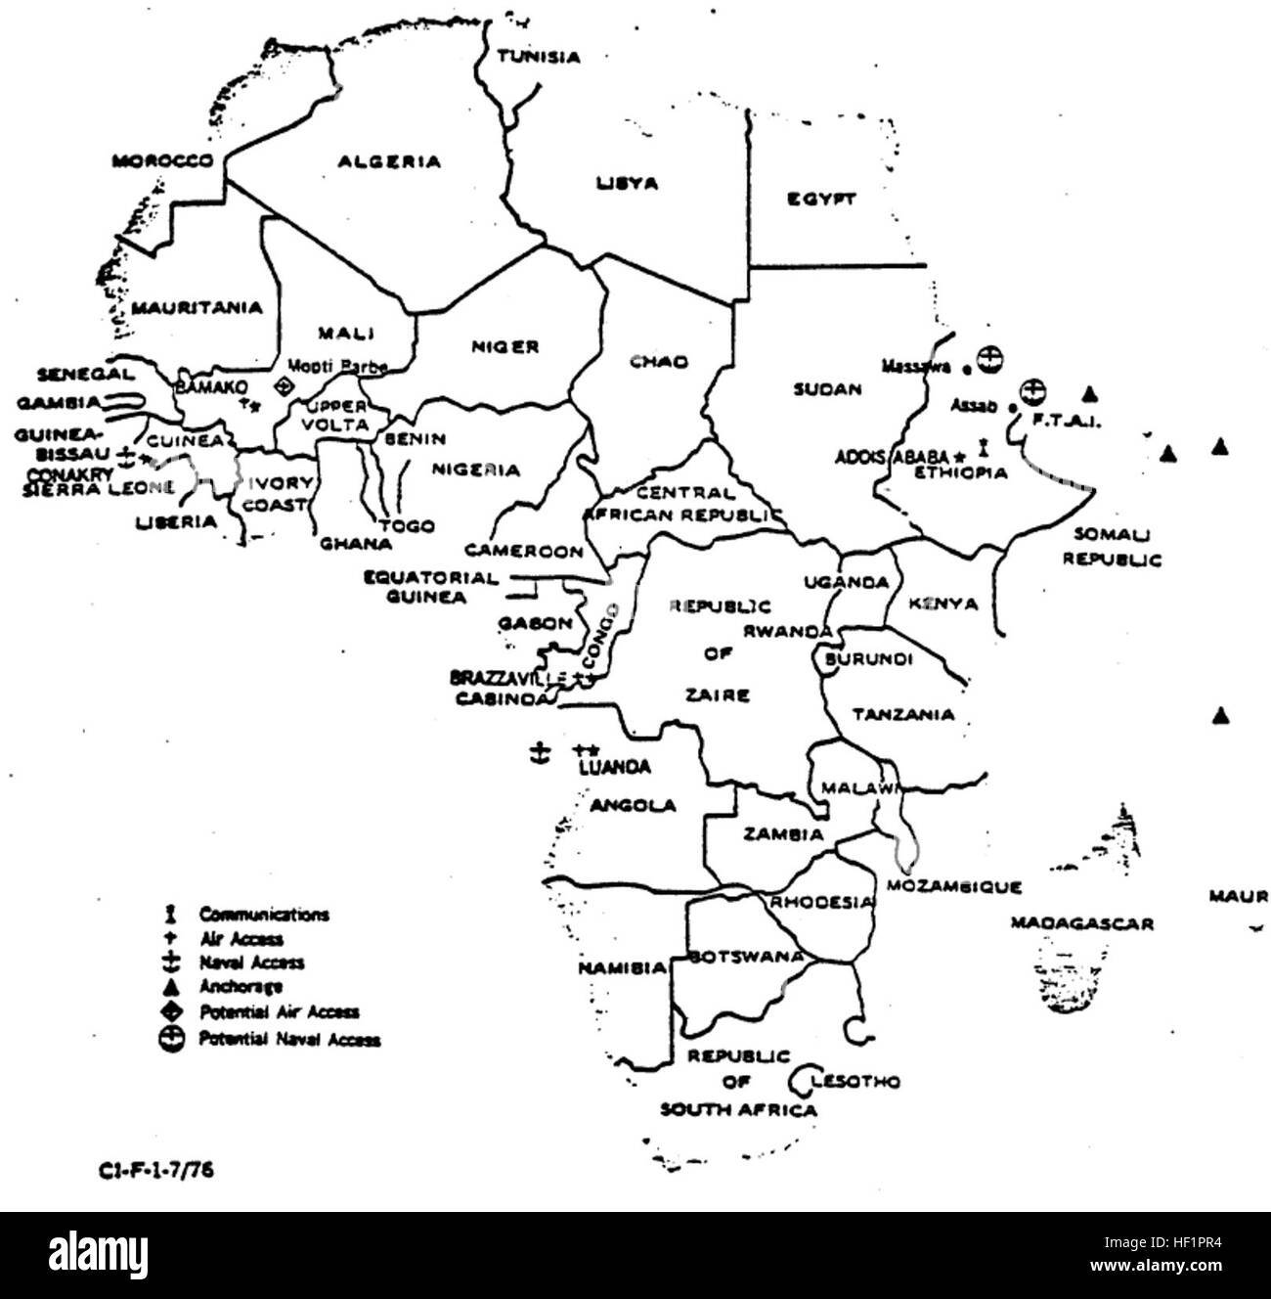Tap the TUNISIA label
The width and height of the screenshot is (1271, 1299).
pos(538,57)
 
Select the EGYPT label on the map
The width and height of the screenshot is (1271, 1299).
pos(821,200)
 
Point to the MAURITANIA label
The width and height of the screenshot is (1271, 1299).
pos(197,308)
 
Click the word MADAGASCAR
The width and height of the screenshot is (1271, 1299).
pos(1081,922)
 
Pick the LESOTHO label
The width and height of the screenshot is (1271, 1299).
pos(855,1081)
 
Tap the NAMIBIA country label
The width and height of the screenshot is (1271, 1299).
pos(622,968)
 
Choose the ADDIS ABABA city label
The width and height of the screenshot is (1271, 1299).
pos(892,456)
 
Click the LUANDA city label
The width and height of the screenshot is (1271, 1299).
pos(615,768)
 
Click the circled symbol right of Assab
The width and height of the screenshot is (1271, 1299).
pos(1029,391)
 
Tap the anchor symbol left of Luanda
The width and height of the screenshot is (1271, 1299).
pos(536,751)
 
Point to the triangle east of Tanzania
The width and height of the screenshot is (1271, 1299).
pos(1219,716)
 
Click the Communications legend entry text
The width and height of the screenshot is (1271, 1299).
pos(264,915)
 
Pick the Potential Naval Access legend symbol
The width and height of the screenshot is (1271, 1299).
pos(172,1040)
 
